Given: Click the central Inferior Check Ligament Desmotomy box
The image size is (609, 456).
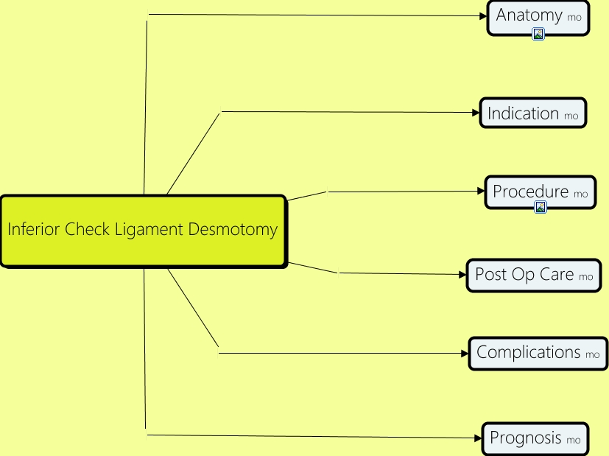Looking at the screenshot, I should (142, 231).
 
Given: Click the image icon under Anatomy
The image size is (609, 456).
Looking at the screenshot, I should (538, 34).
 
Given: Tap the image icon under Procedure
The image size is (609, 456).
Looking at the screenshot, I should (541, 207).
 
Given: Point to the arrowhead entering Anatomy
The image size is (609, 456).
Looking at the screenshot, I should (483, 15).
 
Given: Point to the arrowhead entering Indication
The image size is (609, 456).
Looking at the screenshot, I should (476, 113).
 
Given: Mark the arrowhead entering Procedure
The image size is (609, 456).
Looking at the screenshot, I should (480, 191).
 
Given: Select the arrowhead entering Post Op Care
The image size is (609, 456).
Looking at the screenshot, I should (462, 274).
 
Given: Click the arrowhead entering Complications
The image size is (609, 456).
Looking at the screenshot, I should (465, 353).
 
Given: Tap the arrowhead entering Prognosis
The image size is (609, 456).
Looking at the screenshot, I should (478, 438).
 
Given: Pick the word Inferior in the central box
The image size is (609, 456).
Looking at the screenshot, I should (34, 229).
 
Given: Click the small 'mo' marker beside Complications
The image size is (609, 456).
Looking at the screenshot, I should (593, 355).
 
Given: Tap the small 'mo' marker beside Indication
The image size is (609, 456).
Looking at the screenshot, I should (571, 116).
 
